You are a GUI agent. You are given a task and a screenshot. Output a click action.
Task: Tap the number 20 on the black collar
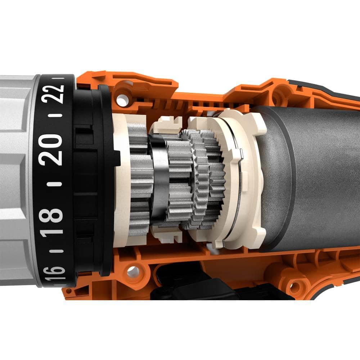[51, 149]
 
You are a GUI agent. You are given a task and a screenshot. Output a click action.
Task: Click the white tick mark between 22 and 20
[56, 115]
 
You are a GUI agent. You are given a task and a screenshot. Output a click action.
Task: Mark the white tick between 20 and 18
[54, 184]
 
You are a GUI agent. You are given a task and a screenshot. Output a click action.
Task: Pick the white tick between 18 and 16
[57, 251]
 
